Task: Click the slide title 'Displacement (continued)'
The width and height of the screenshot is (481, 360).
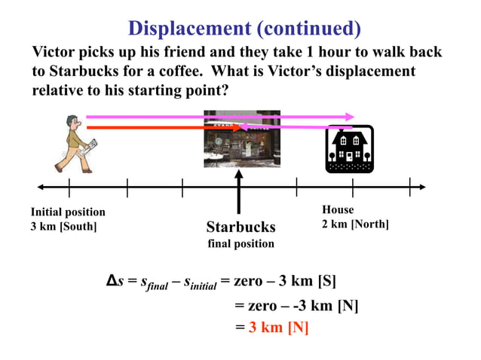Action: pos(244,29)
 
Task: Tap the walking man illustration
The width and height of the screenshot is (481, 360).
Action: pos(72,144)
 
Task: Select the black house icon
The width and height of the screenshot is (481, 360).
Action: pos(349,148)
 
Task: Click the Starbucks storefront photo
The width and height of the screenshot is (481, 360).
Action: pos(242,139)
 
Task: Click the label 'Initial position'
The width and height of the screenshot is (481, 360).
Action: pos(68,212)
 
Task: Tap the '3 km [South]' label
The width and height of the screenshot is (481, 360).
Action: pos(63,226)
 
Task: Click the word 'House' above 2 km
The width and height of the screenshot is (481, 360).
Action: pos(338,209)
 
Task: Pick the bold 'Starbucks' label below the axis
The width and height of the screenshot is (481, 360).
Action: pos(240,227)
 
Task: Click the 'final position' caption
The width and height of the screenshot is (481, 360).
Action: pos(240,244)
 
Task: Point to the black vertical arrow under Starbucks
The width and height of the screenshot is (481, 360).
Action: pos(238,192)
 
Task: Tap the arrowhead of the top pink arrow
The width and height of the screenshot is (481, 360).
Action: pos(350,117)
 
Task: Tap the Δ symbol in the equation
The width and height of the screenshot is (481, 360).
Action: pos(110,282)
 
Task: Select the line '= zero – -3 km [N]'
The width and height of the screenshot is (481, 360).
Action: pos(296,306)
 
